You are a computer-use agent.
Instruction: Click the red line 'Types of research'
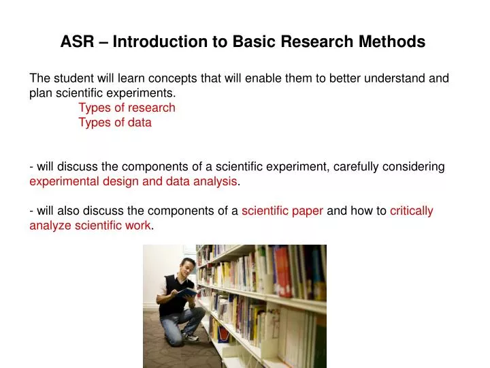[127, 108]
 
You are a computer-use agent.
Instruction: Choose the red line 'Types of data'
[115, 123]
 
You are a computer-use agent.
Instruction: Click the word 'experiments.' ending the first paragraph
[144, 93]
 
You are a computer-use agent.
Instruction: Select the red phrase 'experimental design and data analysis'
[133, 181]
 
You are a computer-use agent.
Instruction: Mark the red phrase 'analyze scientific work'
[91, 226]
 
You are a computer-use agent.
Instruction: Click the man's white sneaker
[191, 336]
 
